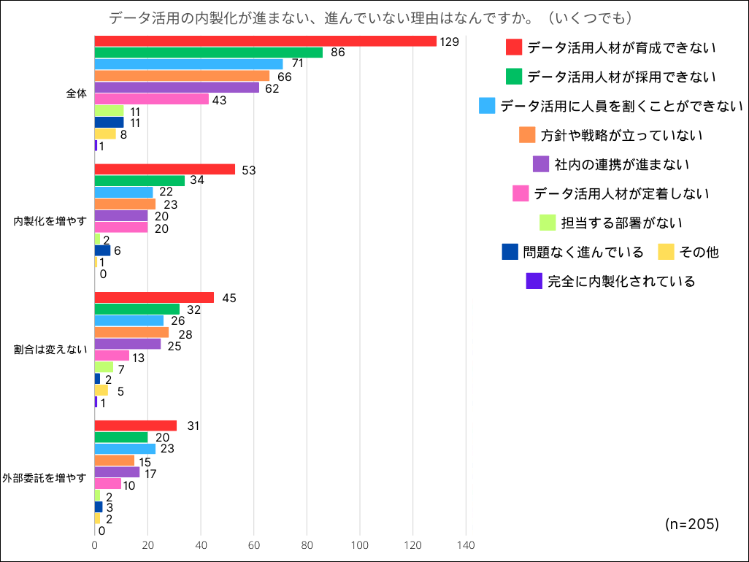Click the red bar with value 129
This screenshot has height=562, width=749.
(x=266, y=41)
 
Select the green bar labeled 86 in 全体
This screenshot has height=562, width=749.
(x=209, y=53)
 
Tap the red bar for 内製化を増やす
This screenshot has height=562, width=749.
(x=165, y=169)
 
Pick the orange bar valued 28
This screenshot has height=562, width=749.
(x=131, y=333)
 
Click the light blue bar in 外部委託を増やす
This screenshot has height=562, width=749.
(x=125, y=449)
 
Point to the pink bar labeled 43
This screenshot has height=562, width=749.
(x=152, y=99)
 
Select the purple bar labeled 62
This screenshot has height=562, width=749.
(x=177, y=88)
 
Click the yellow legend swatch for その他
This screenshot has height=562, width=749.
(x=666, y=252)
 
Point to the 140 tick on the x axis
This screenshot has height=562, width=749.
(x=466, y=545)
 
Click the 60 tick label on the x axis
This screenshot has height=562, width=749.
(x=254, y=545)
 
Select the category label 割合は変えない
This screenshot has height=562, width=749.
(x=50, y=350)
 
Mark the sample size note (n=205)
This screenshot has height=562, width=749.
(x=692, y=524)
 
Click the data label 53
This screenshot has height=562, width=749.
(x=247, y=170)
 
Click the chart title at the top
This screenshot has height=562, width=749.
(x=370, y=17)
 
